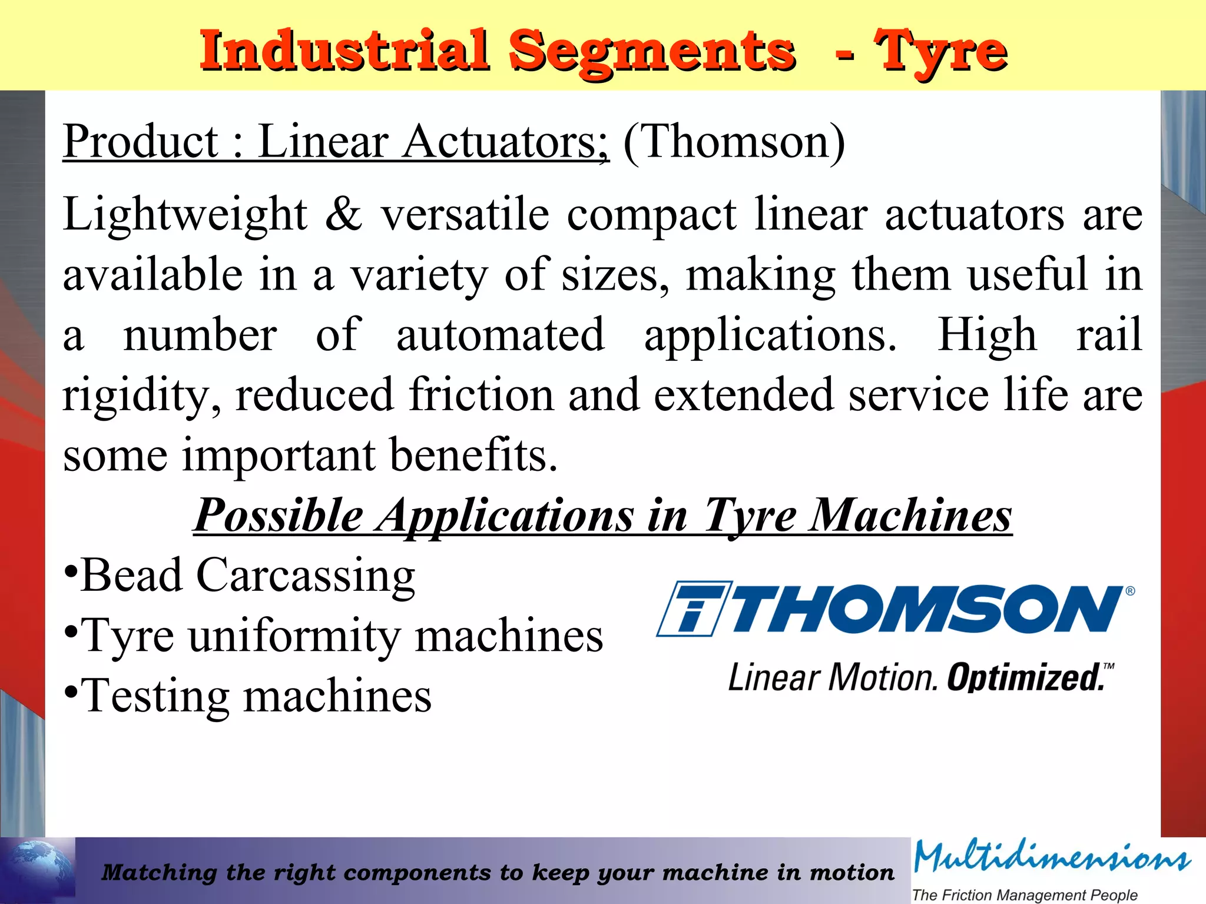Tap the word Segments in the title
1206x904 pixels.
point(652,52)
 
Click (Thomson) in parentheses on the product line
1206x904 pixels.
point(734,142)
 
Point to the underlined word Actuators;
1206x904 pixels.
point(505,142)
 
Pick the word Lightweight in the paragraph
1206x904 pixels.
point(185,214)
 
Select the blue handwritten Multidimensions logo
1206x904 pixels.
point(1052,858)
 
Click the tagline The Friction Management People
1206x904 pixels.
point(1024,895)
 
